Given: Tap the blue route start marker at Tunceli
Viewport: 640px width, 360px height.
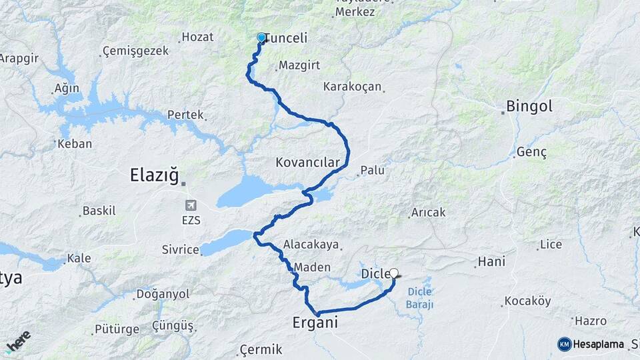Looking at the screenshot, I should pos(261,38).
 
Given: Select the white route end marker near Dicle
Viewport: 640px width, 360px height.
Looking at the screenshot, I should pos(394,273).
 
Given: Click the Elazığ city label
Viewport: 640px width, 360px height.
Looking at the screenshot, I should pos(154,176).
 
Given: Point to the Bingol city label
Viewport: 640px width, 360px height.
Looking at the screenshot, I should pos(529,106).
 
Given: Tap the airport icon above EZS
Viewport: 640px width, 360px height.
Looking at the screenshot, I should pos(192,205).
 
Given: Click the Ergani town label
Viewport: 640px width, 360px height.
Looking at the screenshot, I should pos(315,323).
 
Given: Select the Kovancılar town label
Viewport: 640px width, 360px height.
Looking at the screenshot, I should pos(307,162).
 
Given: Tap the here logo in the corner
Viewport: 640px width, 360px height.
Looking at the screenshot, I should pos(17,340).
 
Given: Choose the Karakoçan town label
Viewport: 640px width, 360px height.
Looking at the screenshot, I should pos(352,87).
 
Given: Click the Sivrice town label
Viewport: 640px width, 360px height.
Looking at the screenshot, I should pos(180,250).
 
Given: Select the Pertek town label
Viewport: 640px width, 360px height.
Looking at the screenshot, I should pos(185,115).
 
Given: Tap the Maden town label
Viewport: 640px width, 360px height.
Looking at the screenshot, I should pos(312,267).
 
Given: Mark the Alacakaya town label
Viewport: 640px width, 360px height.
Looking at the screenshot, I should pos(311,245).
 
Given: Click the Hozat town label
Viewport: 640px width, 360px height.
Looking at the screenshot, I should pos(197,37).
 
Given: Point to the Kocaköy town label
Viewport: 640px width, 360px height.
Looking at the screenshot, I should pos(527,301).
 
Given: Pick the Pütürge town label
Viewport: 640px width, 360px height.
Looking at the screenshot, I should pos(117,329).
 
